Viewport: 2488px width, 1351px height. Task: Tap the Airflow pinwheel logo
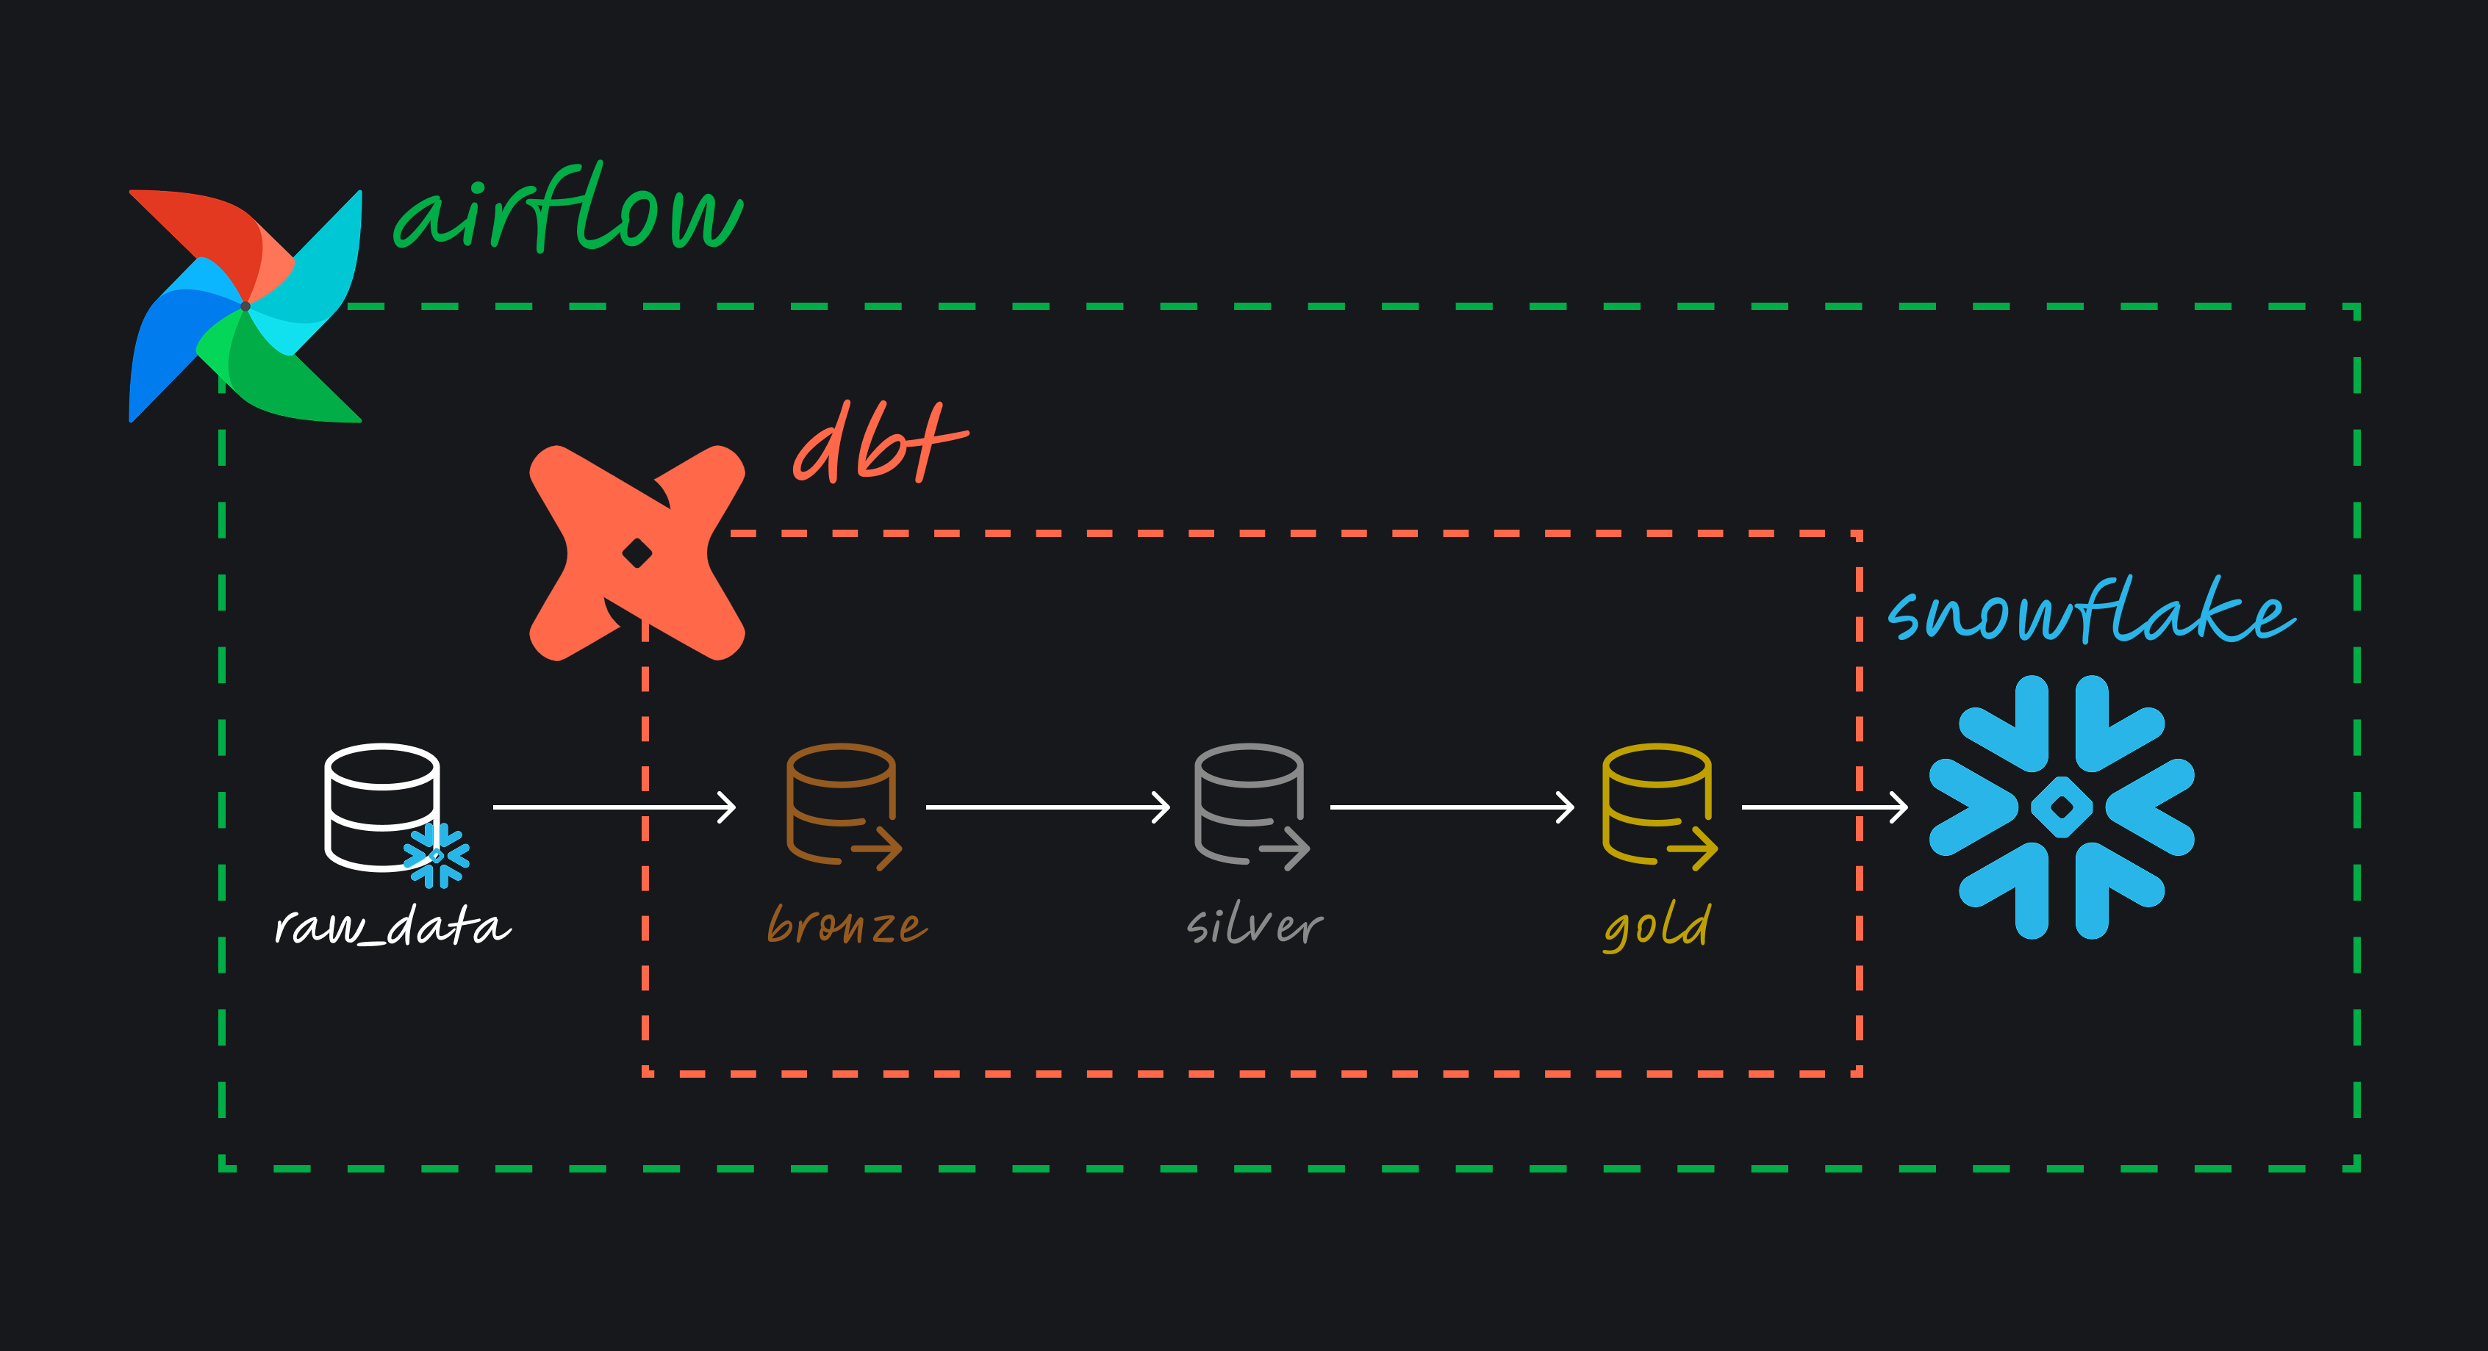click(245, 306)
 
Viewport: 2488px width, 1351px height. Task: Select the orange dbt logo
click(637, 553)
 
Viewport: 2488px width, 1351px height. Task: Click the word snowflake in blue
click(2091, 613)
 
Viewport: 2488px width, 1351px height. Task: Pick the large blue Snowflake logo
click(2061, 807)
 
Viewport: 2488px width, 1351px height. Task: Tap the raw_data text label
click(392, 927)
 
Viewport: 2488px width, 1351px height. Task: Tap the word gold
click(1657, 927)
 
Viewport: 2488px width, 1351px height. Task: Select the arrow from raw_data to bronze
click(614, 807)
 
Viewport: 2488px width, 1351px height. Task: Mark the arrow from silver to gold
click(1452, 807)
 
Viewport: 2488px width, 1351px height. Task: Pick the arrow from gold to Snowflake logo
click(1824, 807)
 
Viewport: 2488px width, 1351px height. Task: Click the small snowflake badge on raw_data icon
click(437, 854)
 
